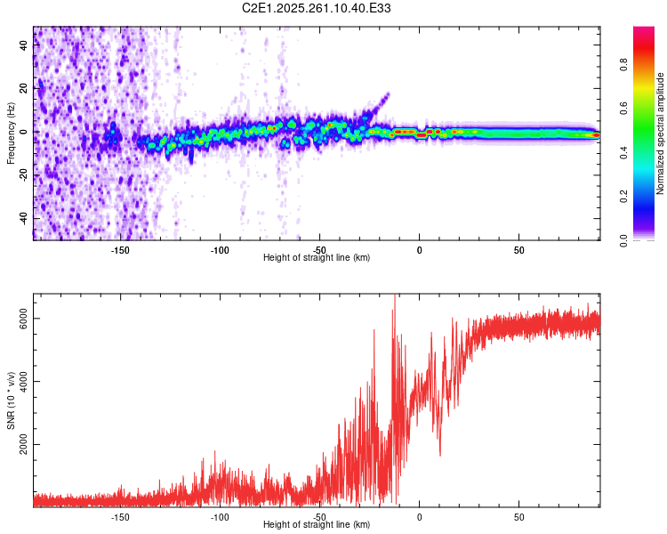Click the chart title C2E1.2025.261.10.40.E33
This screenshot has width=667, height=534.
(x=317, y=9)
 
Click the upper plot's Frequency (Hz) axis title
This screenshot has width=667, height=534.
(x=11, y=133)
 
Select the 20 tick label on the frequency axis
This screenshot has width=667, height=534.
(x=23, y=88)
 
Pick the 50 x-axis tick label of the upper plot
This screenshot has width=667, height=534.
(x=519, y=250)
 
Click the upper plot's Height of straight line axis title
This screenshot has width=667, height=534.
(x=317, y=258)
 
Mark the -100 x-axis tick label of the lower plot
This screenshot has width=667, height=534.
(x=220, y=517)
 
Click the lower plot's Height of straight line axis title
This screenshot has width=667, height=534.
(x=317, y=525)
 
